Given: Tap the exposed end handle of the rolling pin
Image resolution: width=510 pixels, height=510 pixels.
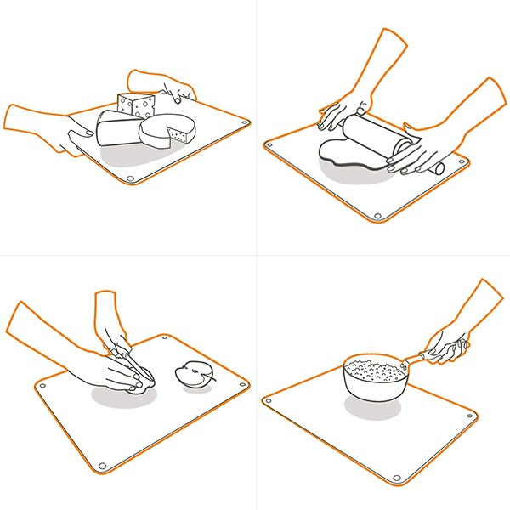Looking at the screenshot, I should coord(438,168).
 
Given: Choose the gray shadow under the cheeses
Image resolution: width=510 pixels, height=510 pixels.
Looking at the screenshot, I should coord(136,157).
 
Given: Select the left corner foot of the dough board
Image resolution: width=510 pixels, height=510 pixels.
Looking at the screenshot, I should coord(270,145).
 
